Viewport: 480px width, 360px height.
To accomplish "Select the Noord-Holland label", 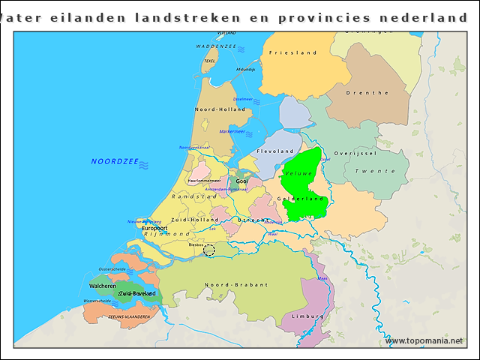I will (220, 109).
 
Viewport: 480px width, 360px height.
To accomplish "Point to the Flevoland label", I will (275, 151).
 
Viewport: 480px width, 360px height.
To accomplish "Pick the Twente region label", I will (375, 171).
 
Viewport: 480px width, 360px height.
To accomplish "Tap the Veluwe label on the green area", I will (298, 173).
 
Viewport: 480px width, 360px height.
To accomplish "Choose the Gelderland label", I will (301, 199).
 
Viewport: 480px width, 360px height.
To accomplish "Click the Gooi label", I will (242, 181).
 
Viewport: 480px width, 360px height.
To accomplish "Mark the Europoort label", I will (154, 228).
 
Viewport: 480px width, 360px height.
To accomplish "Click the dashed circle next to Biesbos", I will (209, 250).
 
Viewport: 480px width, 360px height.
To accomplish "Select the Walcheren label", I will (102, 286).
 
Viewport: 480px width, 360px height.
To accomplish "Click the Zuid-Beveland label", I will (137, 293).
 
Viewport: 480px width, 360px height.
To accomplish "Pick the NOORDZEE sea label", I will (115, 161).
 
